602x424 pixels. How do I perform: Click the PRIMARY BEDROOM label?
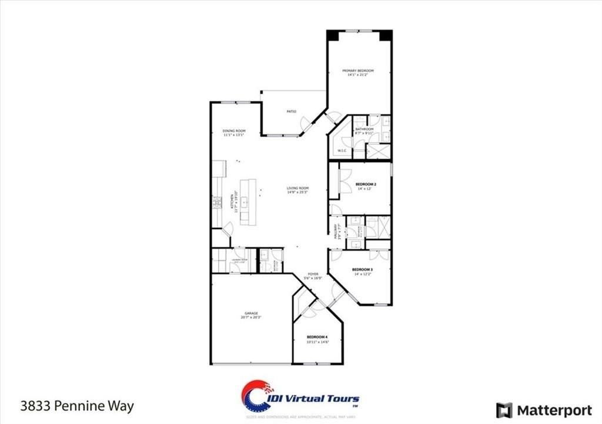[x=358, y=70]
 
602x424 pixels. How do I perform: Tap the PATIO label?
[x=291, y=112]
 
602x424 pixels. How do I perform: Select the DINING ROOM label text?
[x=233, y=130]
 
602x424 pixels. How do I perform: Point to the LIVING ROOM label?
[x=297, y=189]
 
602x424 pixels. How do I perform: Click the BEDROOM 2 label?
[x=366, y=184]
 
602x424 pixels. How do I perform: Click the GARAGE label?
[x=251, y=313]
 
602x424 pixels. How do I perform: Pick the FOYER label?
[x=313, y=274]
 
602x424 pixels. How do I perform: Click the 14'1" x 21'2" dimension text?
[x=358, y=75]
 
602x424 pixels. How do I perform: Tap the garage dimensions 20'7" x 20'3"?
[x=251, y=318]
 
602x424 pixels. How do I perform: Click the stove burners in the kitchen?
[x=217, y=203]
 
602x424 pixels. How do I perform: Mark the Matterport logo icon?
[x=504, y=410]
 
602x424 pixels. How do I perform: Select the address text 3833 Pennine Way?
[x=77, y=406]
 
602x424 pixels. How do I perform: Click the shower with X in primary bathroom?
[x=378, y=151]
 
